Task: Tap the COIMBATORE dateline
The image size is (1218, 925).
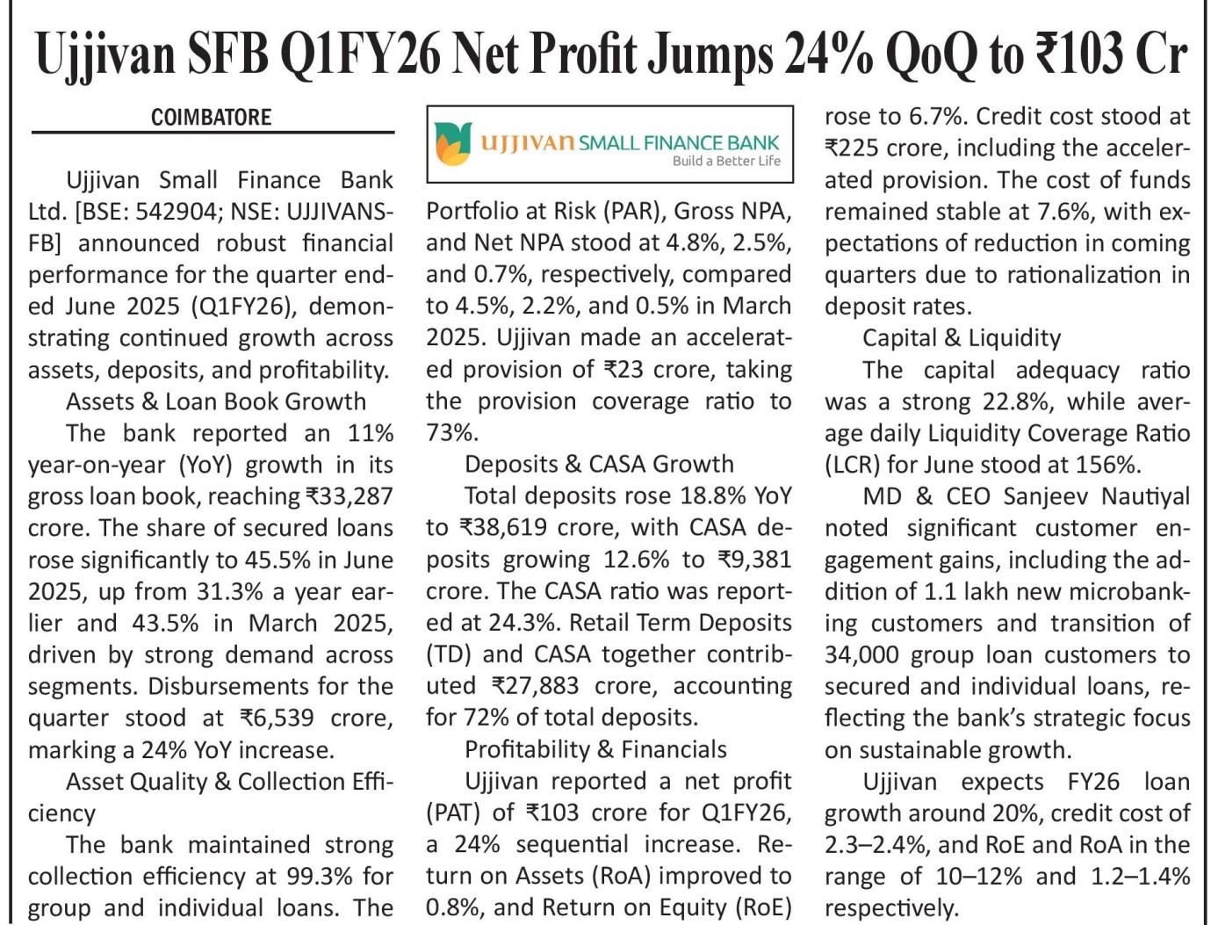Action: click(x=211, y=118)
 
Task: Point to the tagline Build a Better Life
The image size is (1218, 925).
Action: click(x=726, y=162)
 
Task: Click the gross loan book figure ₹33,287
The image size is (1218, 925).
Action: click(x=350, y=496)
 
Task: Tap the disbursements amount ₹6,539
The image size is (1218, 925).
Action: click(x=277, y=718)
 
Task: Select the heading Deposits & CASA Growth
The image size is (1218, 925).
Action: click(x=599, y=465)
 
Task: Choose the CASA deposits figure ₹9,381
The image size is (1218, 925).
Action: click(x=754, y=560)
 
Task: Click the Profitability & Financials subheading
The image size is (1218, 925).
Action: click(x=595, y=749)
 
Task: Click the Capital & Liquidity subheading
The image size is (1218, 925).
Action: click(x=962, y=338)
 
